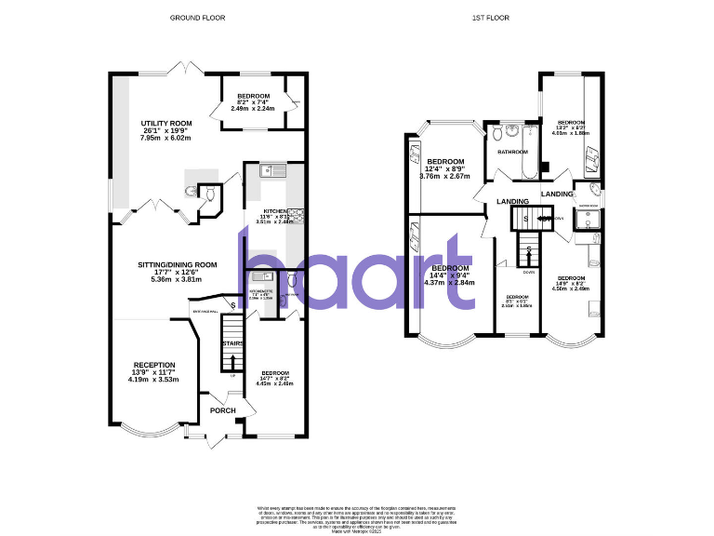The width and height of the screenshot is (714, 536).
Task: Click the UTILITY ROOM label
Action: (x=166, y=123)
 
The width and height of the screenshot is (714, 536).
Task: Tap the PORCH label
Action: (x=223, y=410)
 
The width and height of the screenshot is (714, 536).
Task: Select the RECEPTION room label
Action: (x=153, y=365)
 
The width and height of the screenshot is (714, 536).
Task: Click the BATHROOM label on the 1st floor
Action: (x=512, y=152)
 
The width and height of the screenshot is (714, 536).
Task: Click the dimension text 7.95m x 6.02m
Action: (x=165, y=138)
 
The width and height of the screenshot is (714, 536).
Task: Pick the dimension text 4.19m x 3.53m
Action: (x=153, y=380)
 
